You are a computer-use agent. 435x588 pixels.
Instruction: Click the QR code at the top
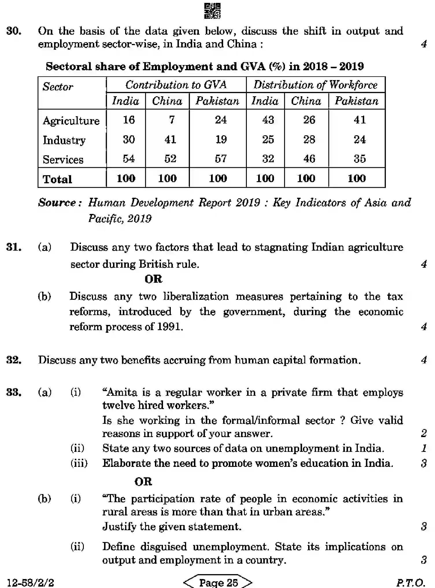(x=212, y=11)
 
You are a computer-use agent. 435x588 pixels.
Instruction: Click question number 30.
(x=14, y=31)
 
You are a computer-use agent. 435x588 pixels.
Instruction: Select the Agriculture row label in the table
(x=71, y=121)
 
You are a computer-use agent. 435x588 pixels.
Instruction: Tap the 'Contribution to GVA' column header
(x=176, y=85)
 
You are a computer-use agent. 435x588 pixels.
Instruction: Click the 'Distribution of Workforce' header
(x=315, y=85)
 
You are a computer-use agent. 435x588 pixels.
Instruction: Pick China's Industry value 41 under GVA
(x=170, y=140)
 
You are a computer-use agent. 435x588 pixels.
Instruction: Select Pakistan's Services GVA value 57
(x=221, y=159)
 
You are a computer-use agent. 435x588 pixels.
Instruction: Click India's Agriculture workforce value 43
(x=268, y=120)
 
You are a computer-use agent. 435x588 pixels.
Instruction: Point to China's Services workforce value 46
(x=309, y=159)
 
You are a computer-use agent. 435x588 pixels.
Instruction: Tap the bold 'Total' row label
(x=57, y=179)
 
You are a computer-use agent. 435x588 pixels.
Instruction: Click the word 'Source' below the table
(x=57, y=203)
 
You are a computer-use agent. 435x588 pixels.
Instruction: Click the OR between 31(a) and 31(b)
(x=153, y=279)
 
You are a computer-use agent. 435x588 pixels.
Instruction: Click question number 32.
(x=14, y=360)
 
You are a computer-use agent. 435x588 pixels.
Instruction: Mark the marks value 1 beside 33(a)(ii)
(x=424, y=448)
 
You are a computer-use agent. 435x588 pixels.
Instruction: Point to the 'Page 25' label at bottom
(x=218, y=582)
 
